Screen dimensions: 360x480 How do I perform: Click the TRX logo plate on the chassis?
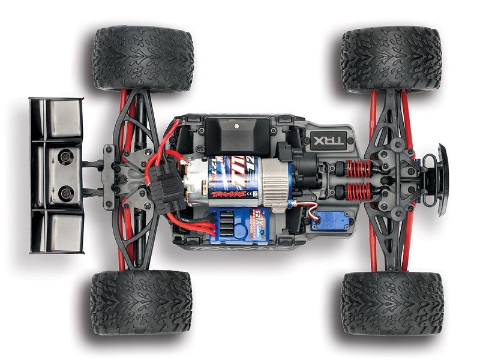323,142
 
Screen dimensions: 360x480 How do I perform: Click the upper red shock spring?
359,169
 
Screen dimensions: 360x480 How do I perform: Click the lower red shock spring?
359,193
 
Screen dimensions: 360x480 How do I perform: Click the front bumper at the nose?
443,180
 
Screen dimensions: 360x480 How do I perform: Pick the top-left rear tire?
143,58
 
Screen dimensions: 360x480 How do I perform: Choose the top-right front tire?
391,58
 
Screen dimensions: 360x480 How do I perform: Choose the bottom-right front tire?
391,303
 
